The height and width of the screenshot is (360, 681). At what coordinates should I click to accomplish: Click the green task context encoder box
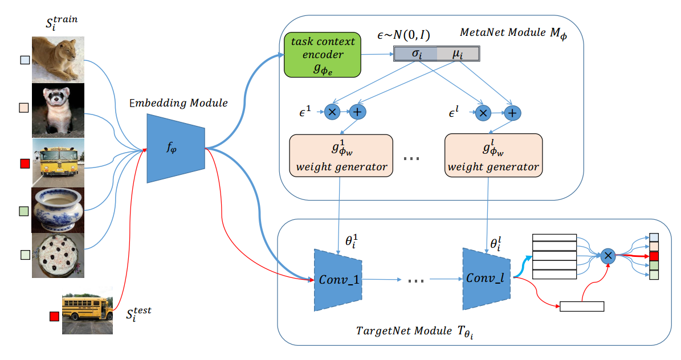(x=322, y=55)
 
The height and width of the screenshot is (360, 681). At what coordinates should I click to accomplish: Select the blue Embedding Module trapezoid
(x=176, y=149)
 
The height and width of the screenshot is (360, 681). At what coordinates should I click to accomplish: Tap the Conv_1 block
(x=338, y=280)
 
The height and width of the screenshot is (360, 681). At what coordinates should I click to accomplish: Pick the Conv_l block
(x=487, y=279)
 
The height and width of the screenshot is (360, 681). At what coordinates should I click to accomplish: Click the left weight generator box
(x=341, y=156)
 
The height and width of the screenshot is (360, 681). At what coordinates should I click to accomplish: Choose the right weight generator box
(x=494, y=156)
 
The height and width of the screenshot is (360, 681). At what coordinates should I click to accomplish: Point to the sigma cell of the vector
(x=415, y=54)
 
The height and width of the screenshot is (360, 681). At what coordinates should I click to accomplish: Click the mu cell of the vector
(x=458, y=54)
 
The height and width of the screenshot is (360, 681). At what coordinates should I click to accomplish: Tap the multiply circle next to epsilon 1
(x=332, y=112)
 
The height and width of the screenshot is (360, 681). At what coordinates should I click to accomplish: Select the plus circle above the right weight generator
(x=512, y=113)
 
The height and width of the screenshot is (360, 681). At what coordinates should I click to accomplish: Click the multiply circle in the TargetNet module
(x=608, y=256)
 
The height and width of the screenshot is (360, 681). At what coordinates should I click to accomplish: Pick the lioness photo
(x=58, y=60)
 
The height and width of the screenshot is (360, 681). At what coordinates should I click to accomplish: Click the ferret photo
(x=58, y=111)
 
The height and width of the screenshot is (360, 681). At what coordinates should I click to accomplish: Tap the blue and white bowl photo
(x=58, y=211)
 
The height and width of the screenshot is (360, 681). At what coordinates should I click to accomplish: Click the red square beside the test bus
(x=54, y=317)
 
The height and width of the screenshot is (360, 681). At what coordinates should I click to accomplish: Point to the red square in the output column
(x=654, y=256)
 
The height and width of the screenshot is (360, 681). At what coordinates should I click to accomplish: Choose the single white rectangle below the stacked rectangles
(x=582, y=306)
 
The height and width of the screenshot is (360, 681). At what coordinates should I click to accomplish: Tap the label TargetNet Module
(x=404, y=331)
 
